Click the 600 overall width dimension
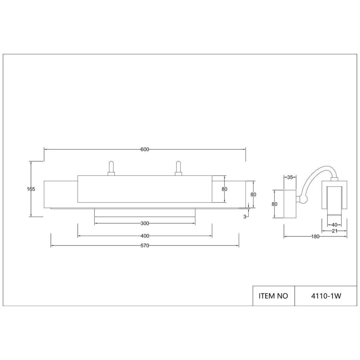point(145,149)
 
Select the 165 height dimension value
point(31,189)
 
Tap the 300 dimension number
point(145,223)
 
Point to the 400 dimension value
point(145,236)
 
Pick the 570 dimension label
point(145,246)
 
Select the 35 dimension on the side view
point(290,177)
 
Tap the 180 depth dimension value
point(315,236)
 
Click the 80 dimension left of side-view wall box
point(274,204)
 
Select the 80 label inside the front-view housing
point(224,189)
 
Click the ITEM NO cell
point(273,296)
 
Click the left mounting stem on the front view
point(111,168)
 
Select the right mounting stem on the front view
point(178,168)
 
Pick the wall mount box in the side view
point(290,204)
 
